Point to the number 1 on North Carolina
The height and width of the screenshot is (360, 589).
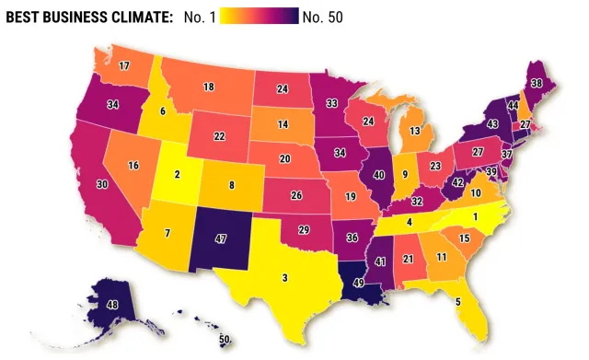pos(475,216)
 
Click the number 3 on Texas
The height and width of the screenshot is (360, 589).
pos(285,277)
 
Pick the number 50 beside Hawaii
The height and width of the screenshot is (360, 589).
pos(225,340)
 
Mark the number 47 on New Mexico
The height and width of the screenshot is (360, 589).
pos(221,238)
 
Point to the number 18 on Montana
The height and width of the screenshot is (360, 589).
pos(209,86)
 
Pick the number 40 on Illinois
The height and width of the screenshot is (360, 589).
pos(377,176)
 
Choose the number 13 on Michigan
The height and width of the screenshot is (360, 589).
pos(416,131)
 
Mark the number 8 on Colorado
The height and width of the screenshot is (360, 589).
pos(231,185)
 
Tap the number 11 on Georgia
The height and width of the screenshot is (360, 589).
pos(442,257)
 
